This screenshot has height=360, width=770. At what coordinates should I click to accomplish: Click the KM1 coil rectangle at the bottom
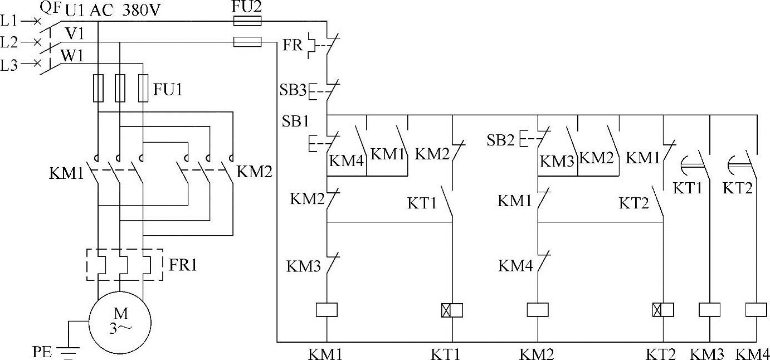(x=326, y=309)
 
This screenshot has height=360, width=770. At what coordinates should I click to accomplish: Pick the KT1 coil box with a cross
(x=452, y=310)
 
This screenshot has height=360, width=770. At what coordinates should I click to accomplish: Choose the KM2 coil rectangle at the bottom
(x=538, y=309)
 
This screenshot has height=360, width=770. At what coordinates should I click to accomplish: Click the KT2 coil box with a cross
(x=662, y=310)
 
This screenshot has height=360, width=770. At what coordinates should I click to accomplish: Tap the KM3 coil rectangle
(x=709, y=309)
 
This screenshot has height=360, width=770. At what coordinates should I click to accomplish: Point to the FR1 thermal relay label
(x=183, y=264)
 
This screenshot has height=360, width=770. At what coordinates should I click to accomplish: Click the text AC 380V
(x=119, y=9)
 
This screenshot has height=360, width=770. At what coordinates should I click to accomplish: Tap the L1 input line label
(x=9, y=21)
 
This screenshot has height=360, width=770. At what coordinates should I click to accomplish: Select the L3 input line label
(x=9, y=65)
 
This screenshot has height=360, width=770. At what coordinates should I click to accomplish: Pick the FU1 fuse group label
(x=168, y=89)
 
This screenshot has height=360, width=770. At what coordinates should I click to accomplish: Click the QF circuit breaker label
(x=50, y=7)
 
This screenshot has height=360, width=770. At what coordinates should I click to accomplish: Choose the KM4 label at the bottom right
(x=752, y=353)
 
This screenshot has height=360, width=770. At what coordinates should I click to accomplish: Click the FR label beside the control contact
(x=293, y=45)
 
